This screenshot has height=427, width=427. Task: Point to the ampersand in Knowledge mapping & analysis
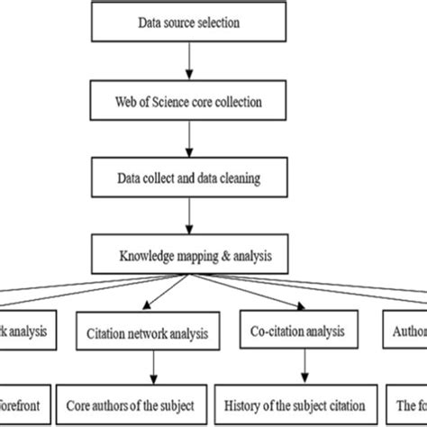pyautogui.click(x=212, y=256)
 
